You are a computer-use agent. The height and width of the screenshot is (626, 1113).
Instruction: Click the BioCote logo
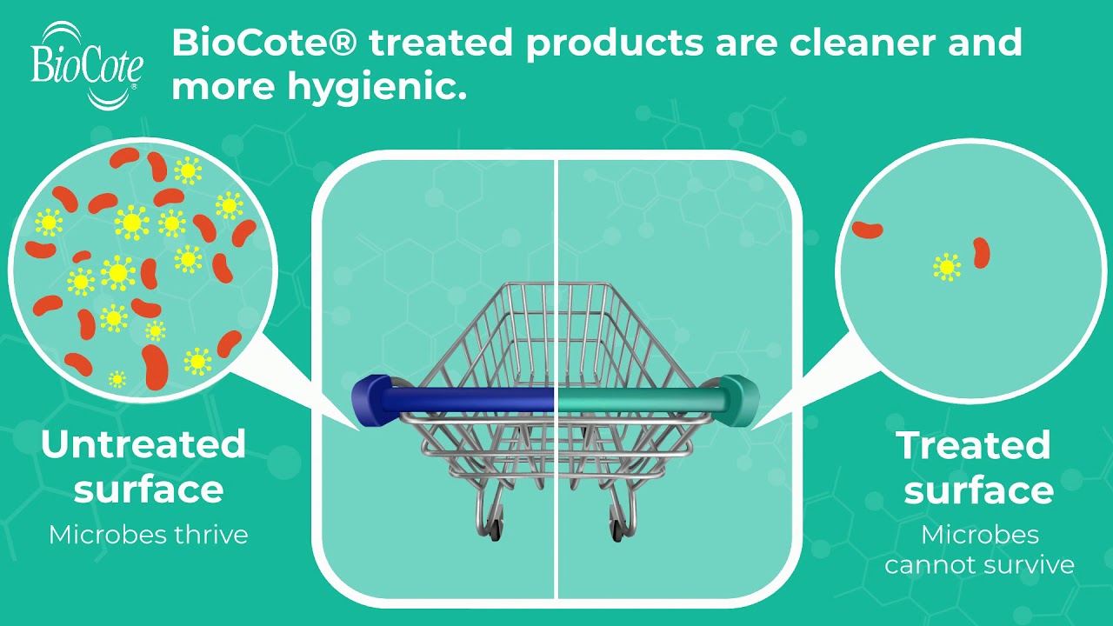tap(87, 65)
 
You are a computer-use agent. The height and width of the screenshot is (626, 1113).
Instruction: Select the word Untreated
tap(143, 444)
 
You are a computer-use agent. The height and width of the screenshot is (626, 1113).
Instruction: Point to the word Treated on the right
tap(973, 445)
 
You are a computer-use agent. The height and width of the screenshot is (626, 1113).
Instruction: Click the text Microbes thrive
tap(149, 534)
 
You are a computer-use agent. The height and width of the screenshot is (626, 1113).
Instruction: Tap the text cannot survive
tap(979, 564)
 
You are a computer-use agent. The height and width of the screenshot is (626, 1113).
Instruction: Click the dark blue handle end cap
tap(370, 401)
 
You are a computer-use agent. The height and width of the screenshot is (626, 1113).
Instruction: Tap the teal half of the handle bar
tap(639, 400)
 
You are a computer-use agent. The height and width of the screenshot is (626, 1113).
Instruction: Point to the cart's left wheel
tap(494, 529)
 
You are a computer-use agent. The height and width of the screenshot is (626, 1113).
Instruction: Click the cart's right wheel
tap(618, 529)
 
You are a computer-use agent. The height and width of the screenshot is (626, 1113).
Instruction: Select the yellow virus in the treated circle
tap(946, 267)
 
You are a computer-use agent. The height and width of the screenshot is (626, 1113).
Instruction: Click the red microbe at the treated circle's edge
tap(867, 230)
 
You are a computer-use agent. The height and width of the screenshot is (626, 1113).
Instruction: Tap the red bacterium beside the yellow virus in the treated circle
tap(982, 253)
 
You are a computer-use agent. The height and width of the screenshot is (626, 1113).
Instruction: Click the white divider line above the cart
tap(556, 217)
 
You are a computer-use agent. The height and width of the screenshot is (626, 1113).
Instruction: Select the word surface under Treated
tap(978, 490)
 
